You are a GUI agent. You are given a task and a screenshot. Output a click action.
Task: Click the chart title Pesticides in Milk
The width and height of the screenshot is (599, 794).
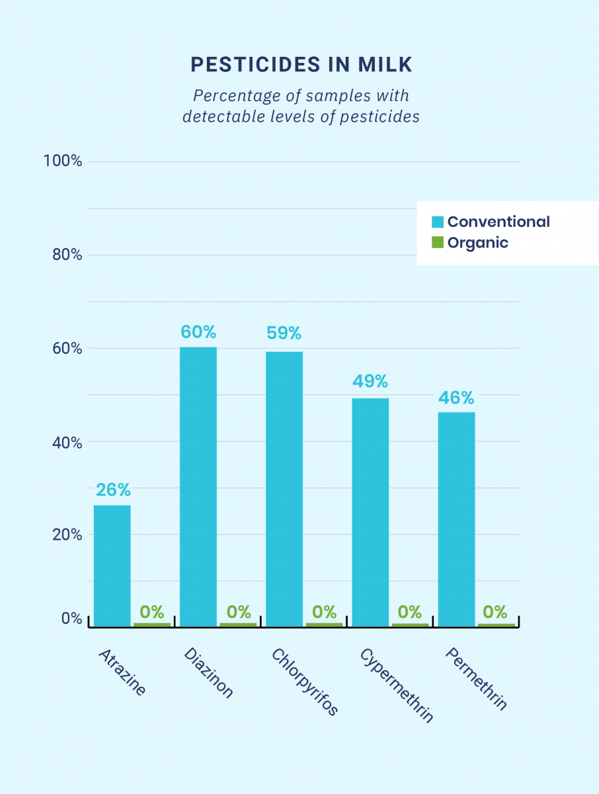pos(301,64)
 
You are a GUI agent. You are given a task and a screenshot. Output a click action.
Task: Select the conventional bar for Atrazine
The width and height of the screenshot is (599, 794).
pos(112,566)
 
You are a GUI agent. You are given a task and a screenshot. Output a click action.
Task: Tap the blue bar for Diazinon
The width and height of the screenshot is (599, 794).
pos(198,486)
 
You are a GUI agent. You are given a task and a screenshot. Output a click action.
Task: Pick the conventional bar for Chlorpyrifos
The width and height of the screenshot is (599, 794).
pos(284,489)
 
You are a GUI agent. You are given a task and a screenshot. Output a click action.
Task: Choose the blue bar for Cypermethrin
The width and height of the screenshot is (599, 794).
pos(370,512)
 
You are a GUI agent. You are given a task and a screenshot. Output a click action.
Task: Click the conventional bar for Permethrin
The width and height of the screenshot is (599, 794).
pos(456,519)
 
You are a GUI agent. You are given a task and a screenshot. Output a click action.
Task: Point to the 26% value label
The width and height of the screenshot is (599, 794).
pos(113,490)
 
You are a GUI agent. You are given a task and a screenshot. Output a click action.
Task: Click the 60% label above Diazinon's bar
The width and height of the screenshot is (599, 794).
pos(198,332)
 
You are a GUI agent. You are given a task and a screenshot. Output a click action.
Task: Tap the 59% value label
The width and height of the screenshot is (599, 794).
pos(284,332)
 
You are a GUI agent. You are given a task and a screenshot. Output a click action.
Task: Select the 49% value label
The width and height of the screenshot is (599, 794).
pos(370,382)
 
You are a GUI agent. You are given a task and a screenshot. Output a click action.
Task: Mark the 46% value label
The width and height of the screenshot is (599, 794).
pos(456,398)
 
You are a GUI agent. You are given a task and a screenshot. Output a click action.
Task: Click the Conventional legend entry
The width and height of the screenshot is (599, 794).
pos(491,222)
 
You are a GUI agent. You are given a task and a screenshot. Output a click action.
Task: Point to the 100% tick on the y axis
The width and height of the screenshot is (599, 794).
pos(62,161)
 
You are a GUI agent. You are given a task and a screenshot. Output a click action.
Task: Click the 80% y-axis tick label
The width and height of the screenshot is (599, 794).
pos(67,255)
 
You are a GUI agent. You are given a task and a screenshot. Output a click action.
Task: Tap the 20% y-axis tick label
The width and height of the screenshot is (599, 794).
pos(67,535)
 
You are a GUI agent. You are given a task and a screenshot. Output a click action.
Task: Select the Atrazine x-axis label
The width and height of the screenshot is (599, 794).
pos(122,672)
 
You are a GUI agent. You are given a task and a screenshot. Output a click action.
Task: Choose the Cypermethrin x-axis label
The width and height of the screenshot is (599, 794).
pos(397,685)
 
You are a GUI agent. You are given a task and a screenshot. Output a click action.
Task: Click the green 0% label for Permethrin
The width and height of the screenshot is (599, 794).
pos(495,611)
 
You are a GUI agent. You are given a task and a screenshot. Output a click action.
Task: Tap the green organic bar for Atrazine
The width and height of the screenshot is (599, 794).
pos(152,624)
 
